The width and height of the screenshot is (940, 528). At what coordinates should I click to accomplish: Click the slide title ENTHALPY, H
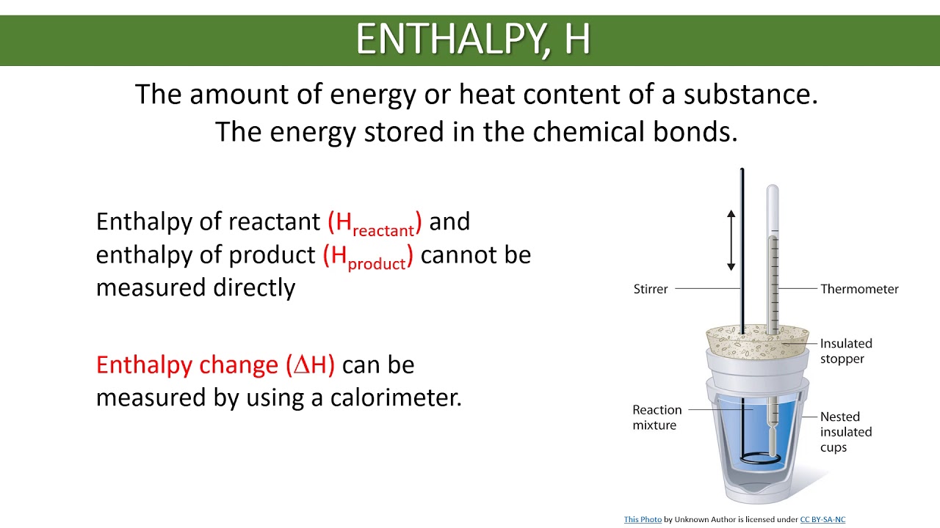coord(473,40)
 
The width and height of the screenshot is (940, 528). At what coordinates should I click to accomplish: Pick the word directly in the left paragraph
coord(254,287)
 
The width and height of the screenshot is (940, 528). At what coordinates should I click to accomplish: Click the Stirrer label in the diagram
coord(650,289)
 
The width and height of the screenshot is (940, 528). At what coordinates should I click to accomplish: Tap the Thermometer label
coord(859,289)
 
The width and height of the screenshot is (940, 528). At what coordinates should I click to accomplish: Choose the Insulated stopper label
coord(845,351)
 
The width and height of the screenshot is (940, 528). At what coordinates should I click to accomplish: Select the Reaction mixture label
coord(657,417)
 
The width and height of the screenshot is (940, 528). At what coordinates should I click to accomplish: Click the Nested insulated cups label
coord(845,432)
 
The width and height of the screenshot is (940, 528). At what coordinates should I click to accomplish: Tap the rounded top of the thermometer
coord(772,192)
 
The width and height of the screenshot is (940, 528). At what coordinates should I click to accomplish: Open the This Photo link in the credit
coord(643,519)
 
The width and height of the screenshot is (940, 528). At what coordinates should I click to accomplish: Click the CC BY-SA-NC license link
coord(822,519)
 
